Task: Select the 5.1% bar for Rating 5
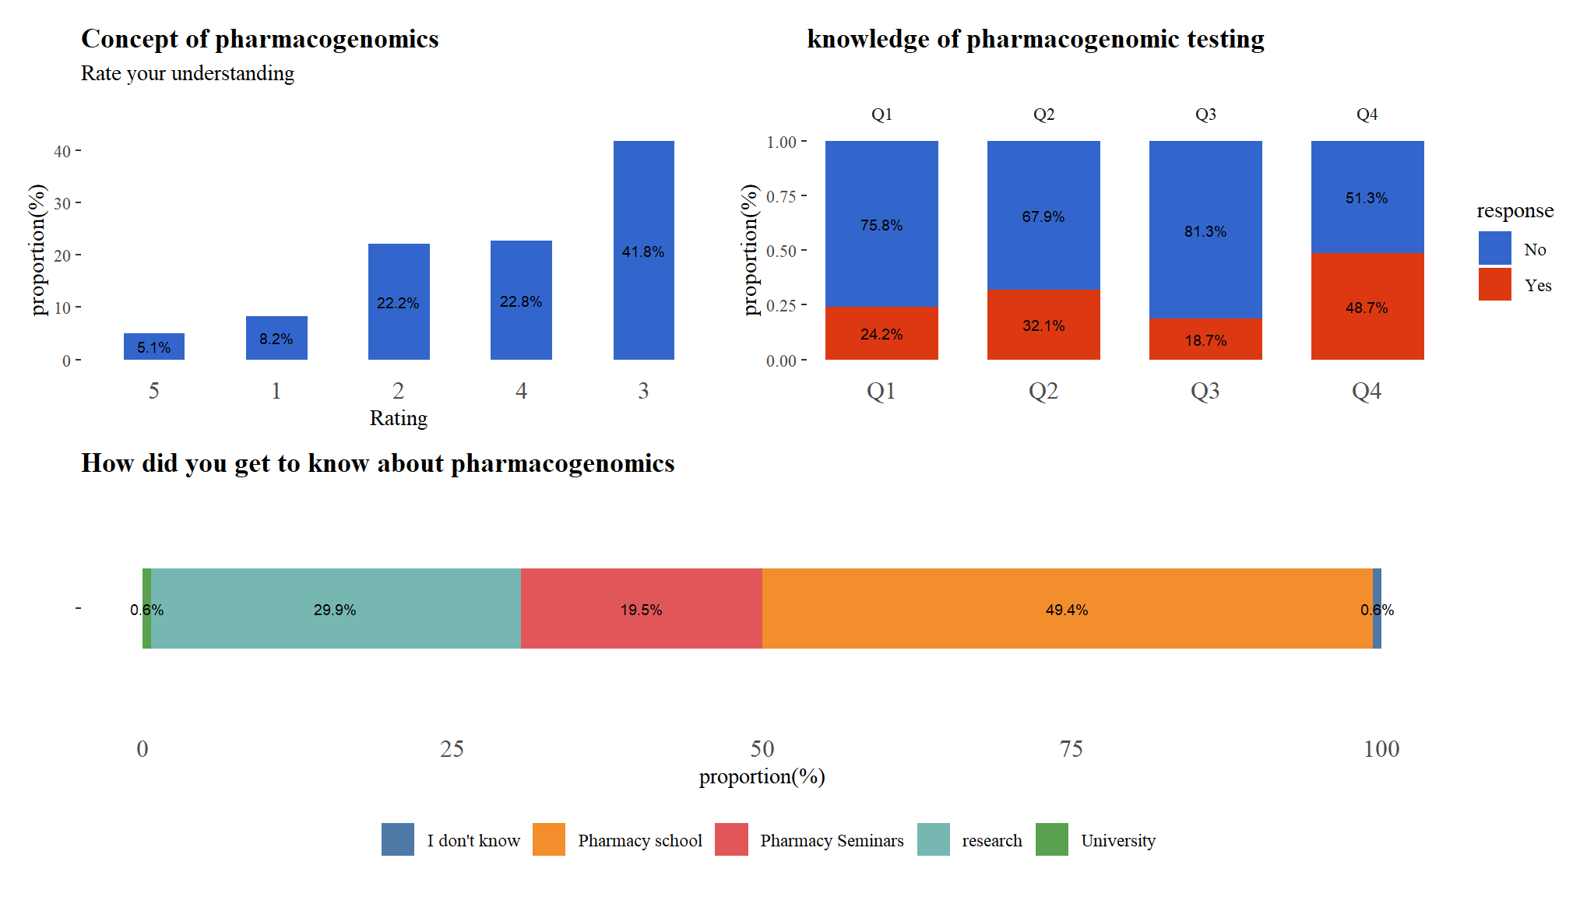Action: (x=153, y=346)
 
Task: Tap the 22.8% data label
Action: (x=521, y=301)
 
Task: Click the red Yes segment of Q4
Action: (x=1367, y=307)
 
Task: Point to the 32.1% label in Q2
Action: (x=1043, y=325)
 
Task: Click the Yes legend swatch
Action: (x=1494, y=285)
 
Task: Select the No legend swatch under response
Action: (x=1494, y=248)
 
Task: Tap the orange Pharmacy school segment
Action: (x=1067, y=608)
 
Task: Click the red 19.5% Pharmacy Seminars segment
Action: (x=641, y=608)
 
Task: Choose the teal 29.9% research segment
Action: (x=335, y=608)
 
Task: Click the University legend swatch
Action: (x=1051, y=839)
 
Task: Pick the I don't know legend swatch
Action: (x=397, y=839)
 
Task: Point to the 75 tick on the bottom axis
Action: (x=1071, y=749)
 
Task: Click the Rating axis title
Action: (x=398, y=418)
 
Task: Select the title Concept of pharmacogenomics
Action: (x=260, y=39)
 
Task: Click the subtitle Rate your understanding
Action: (x=188, y=73)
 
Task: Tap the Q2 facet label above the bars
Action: (x=1043, y=114)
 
